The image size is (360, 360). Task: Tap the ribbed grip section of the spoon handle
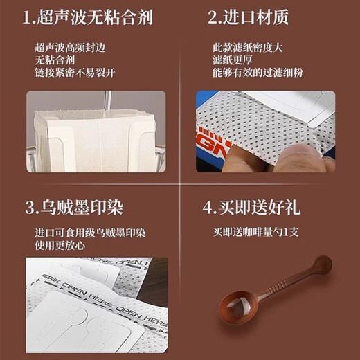[284, 284]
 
